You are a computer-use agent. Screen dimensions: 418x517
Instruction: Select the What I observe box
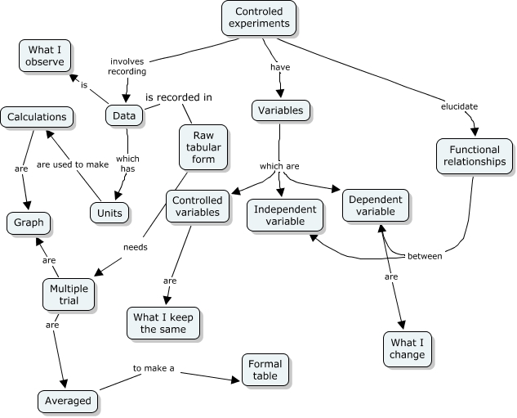click(46, 56)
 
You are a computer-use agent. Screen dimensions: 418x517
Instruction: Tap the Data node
click(124, 116)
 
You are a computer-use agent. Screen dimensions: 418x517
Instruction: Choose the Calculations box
click(36, 117)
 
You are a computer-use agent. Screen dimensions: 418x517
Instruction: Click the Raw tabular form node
click(203, 146)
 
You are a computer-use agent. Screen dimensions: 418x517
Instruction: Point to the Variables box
click(280, 110)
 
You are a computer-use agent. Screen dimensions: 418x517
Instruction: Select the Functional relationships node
click(475, 155)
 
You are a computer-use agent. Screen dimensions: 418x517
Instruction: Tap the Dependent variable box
click(375, 205)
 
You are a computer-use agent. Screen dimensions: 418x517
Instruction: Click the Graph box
click(29, 222)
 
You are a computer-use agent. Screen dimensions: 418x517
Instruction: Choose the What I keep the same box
click(163, 322)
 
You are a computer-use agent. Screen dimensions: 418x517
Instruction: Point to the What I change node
click(408, 348)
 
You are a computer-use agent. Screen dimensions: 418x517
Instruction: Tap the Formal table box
click(264, 370)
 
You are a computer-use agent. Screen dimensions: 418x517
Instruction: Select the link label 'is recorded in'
click(179, 97)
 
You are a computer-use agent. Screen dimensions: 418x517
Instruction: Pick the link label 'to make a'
click(154, 368)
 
